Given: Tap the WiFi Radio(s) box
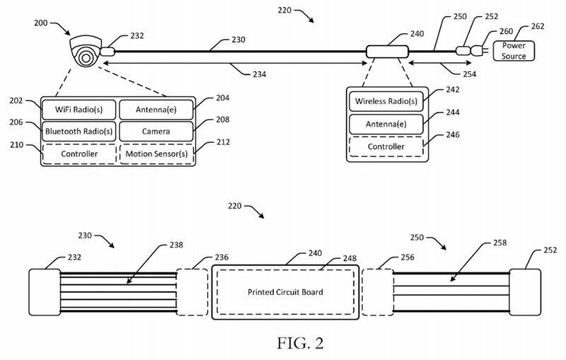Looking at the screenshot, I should pyautogui.click(x=78, y=110).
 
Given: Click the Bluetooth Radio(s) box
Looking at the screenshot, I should pyautogui.click(x=78, y=131).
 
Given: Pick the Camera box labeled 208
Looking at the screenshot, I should pyautogui.click(x=155, y=131).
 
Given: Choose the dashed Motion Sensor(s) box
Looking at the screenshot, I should pyautogui.click(x=155, y=153).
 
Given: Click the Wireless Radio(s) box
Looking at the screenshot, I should pyautogui.click(x=386, y=102).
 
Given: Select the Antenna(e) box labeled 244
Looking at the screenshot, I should pyautogui.click(x=386, y=124).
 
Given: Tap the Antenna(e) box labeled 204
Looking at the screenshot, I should pyautogui.click(x=155, y=110).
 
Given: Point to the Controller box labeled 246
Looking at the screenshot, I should pyautogui.click(x=386, y=146).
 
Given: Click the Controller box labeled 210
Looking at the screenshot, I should pyautogui.click(x=78, y=153).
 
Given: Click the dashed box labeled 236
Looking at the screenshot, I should pyautogui.click(x=193, y=291).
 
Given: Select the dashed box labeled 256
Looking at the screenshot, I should pyautogui.click(x=376, y=291).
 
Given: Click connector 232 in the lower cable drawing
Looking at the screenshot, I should pyautogui.click(x=45, y=291).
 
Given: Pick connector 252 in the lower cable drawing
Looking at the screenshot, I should pyautogui.click(x=525, y=291).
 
